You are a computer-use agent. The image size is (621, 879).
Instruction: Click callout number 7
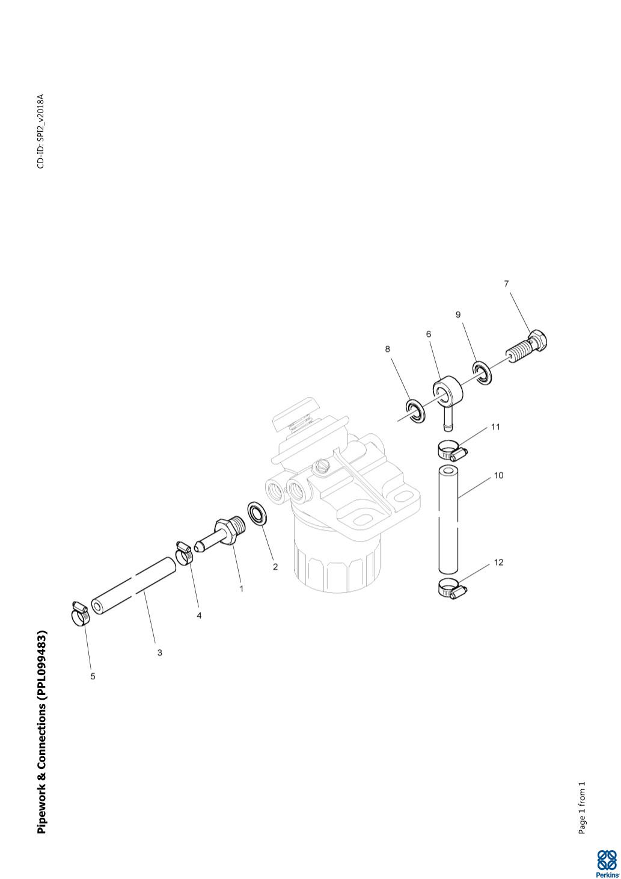(x=506, y=284)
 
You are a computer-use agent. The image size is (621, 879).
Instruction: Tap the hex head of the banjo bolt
(x=537, y=340)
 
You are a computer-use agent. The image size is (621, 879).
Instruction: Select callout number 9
(x=458, y=315)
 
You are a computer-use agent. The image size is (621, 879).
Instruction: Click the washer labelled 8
(x=414, y=411)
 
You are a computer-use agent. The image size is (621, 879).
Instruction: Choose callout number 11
(x=495, y=427)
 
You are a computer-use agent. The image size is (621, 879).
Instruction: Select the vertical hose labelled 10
(x=448, y=520)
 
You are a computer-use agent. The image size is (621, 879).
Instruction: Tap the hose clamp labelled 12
(x=451, y=588)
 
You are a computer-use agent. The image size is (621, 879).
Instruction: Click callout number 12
(x=498, y=563)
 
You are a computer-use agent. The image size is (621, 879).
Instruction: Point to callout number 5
(x=93, y=676)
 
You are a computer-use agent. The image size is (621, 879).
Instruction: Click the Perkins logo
(x=606, y=864)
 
